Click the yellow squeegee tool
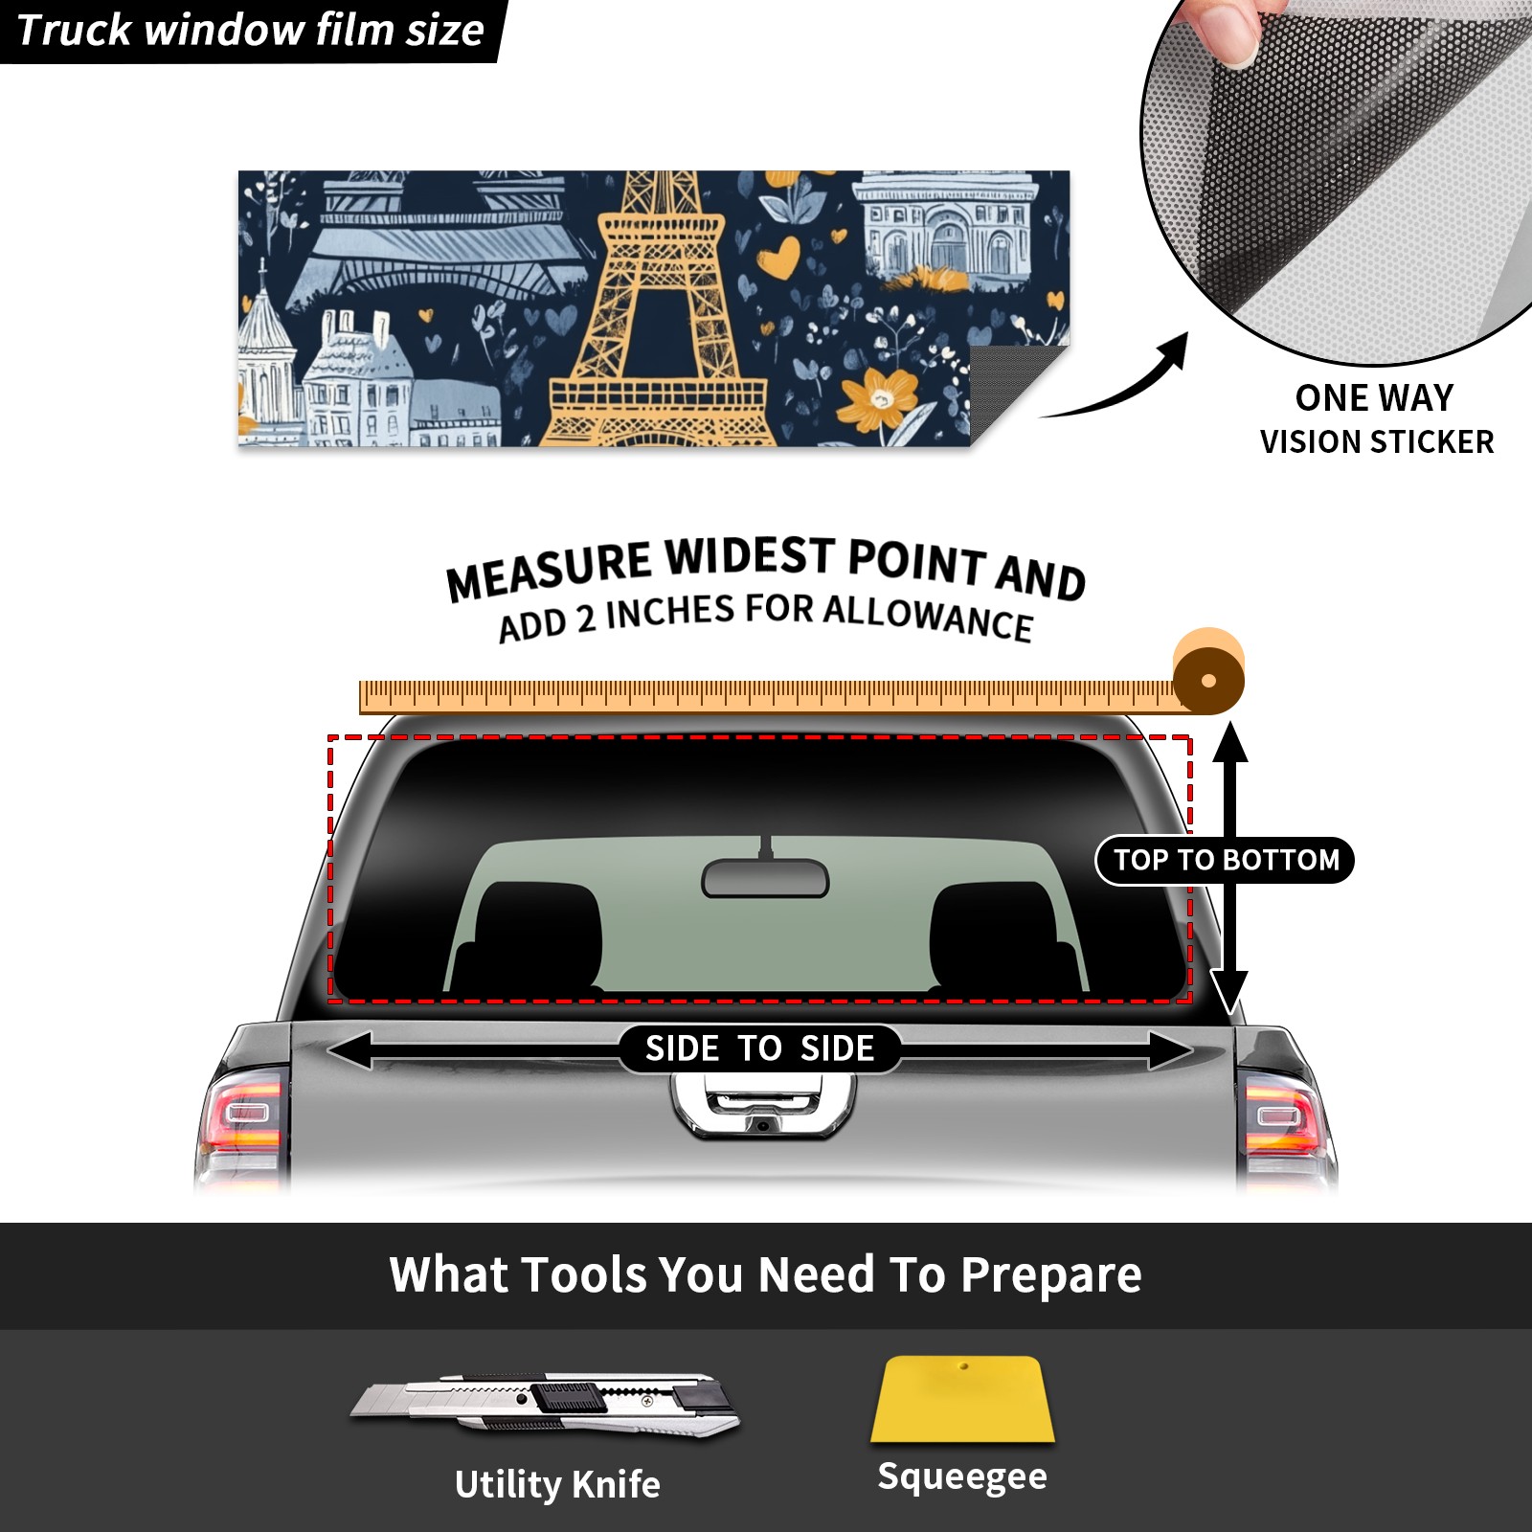962,1399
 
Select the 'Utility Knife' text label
557,1484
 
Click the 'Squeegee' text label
962,1476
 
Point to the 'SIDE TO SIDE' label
759,1048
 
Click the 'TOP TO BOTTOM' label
1226,860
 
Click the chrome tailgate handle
762,1106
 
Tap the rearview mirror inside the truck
765,877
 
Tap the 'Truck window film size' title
251,31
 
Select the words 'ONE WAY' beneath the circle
1374,397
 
